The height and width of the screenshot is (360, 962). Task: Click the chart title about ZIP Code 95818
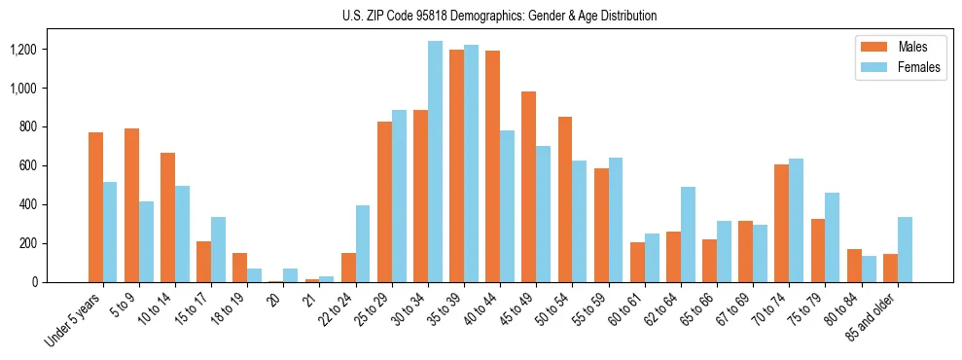click(499, 16)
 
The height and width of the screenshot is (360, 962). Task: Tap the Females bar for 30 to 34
click(435, 162)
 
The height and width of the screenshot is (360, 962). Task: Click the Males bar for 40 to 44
click(492, 166)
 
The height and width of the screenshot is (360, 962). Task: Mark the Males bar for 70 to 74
click(781, 223)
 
